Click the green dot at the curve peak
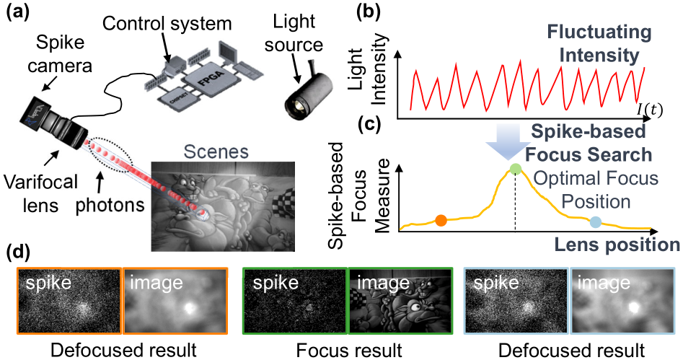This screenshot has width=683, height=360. point(515,170)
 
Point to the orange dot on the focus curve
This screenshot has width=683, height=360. point(441,219)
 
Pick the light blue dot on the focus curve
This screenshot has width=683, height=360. point(596,221)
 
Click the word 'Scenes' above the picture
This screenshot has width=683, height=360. point(215,154)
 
